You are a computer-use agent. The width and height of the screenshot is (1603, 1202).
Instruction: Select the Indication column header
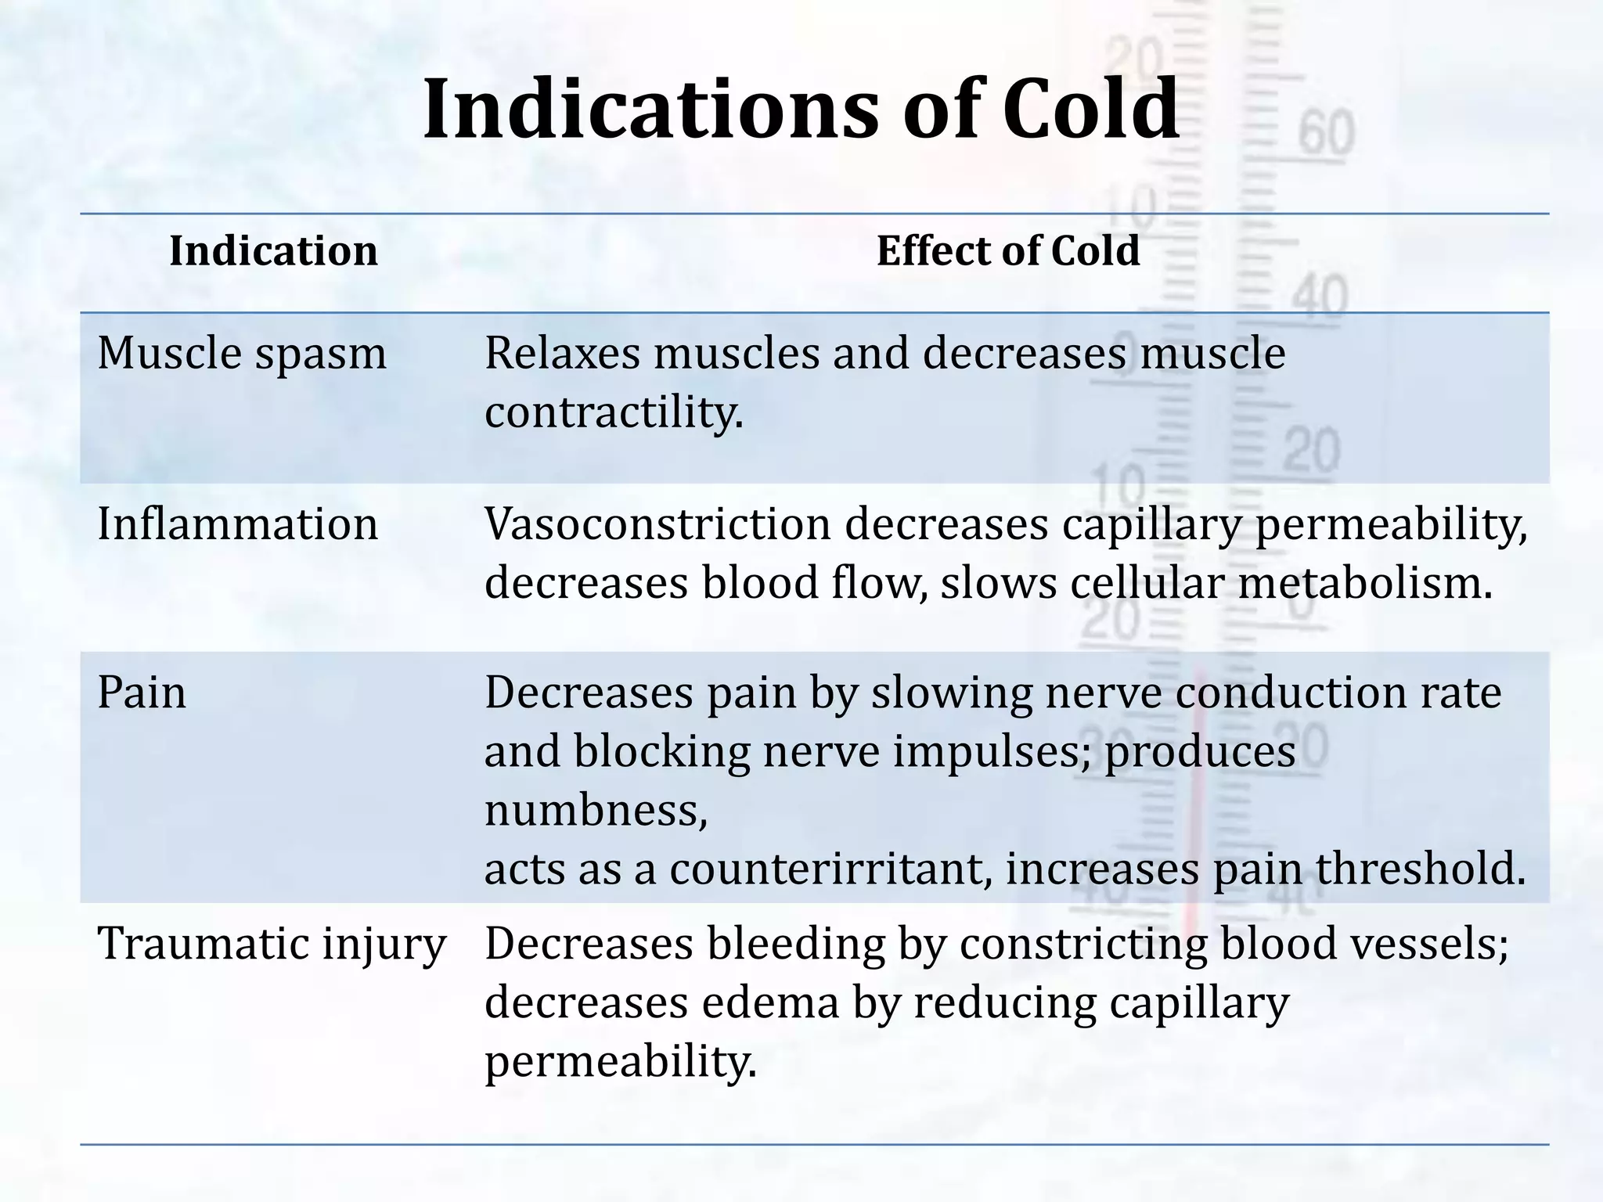(x=273, y=251)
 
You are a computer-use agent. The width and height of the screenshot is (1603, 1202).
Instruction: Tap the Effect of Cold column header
(x=1007, y=251)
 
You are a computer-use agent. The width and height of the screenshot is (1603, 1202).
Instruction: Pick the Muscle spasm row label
(x=242, y=354)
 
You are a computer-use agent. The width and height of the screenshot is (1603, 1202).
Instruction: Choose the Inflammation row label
(x=237, y=524)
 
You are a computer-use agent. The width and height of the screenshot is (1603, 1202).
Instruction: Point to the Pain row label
(x=142, y=693)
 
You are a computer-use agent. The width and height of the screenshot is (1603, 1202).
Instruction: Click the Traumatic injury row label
(x=271, y=944)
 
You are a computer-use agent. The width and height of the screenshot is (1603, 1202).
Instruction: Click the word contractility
(x=614, y=412)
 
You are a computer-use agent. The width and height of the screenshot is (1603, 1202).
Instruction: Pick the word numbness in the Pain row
(x=596, y=811)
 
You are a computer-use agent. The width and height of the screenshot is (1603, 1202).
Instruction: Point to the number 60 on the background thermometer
(x=1326, y=133)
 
